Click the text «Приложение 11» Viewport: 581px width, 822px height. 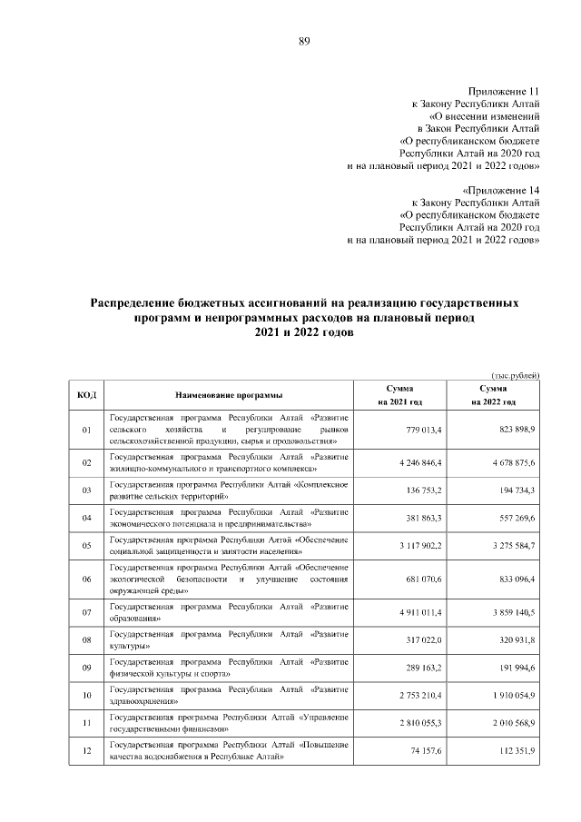point(504,92)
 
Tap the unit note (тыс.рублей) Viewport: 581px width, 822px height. point(515,375)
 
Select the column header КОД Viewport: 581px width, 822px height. point(87,395)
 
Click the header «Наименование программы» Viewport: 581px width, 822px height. point(229,395)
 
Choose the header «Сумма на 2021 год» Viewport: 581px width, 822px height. point(399,395)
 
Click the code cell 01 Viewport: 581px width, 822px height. point(87,429)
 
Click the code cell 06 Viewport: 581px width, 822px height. point(87,579)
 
